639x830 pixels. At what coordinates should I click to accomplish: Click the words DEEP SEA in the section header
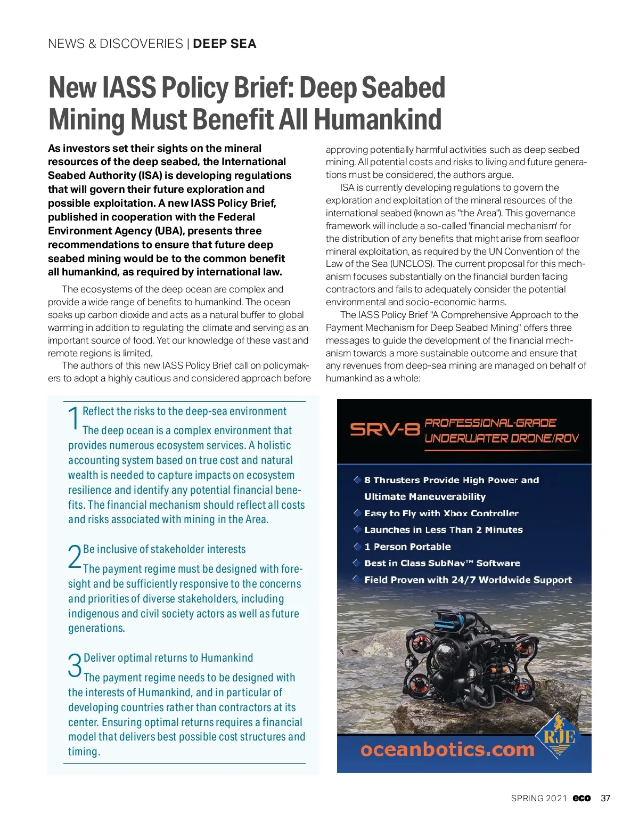[x=224, y=44]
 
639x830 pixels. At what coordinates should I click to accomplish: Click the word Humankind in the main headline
[x=378, y=119]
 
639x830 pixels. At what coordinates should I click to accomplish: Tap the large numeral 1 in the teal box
[x=73, y=419]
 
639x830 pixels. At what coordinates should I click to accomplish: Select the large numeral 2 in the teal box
[x=75, y=557]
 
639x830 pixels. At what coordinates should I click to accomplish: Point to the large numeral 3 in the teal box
[x=75, y=666]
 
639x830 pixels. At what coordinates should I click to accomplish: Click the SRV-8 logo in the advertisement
[x=384, y=430]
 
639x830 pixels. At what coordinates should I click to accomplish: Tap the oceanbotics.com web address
[x=447, y=750]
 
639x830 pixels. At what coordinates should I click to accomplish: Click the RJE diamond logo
[x=559, y=736]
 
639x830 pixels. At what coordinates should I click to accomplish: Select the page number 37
[x=605, y=798]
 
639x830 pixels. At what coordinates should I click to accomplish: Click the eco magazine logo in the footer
[x=581, y=798]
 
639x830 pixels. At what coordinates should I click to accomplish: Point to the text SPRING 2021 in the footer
[x=538, y=798]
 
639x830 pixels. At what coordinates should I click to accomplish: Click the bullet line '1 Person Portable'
[x=407, y=547]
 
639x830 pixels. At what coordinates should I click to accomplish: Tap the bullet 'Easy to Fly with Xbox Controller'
[x=441, y=514]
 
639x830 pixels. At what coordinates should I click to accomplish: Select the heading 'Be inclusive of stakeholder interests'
[x=165, y=549]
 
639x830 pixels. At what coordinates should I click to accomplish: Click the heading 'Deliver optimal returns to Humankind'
[x=168, y=658]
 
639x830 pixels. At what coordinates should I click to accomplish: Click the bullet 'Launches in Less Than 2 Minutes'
[x=443, y=530]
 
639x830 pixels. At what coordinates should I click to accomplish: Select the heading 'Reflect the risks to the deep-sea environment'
[x=184, y=411]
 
